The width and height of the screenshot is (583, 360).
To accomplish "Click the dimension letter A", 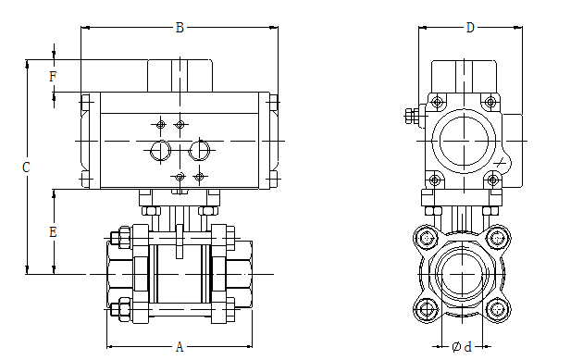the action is [180, 347].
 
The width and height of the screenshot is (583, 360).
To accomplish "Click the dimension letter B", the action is [180, 28].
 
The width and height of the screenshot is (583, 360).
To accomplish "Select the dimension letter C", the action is [26, 168].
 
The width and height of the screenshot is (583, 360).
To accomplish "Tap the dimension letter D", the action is [470, 28].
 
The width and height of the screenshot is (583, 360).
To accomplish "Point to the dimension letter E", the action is [53, 232].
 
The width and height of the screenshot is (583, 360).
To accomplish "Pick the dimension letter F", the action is [53, 77].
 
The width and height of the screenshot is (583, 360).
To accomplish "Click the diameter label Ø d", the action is [462, 347].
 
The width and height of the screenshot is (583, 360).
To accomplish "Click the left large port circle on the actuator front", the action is [161, 151].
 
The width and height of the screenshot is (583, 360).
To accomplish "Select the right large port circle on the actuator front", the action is [200, 151].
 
